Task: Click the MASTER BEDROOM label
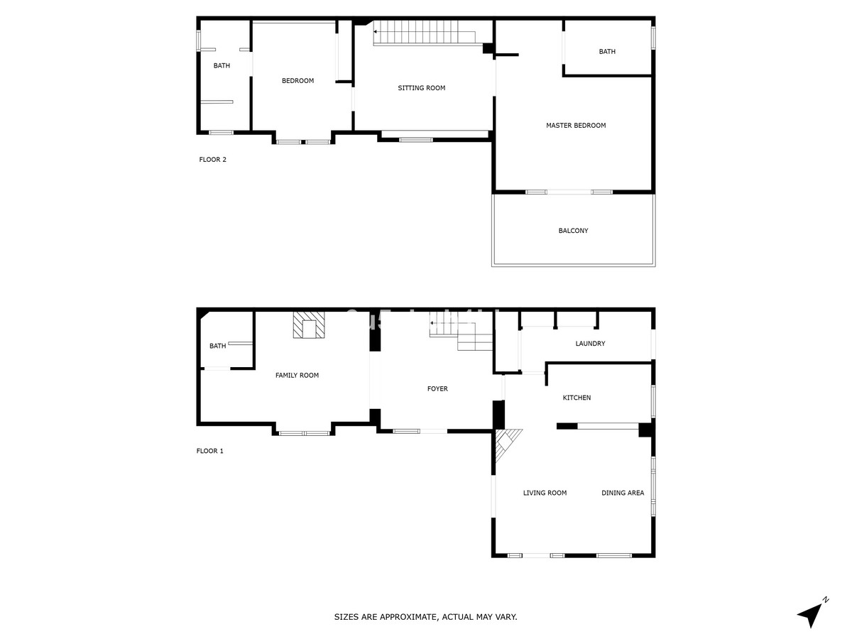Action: [x=576, y=126]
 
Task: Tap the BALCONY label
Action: [x=573, y=231]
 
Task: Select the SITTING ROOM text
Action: [x=421, y=88]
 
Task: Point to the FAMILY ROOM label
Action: [x=297, y=375]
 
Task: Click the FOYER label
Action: [x=437, y=389]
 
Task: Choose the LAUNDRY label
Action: [x=590, y=344]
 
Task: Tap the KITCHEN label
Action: [x=577, y=398]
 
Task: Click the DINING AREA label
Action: [x=623, y=493]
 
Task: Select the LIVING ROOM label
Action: [x=545, y=493]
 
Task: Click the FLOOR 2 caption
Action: [x=212, y=160]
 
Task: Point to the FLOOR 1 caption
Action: [x=209, y=451]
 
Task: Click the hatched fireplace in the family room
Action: [x=309, y=325]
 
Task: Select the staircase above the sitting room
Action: [x=425, y=33]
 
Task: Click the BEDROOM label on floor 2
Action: [x=297, y=81]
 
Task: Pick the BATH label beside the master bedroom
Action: [x=607, y=52]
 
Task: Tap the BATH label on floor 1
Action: [x=217, y=346]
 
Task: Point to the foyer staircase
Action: [x=461, y=336]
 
